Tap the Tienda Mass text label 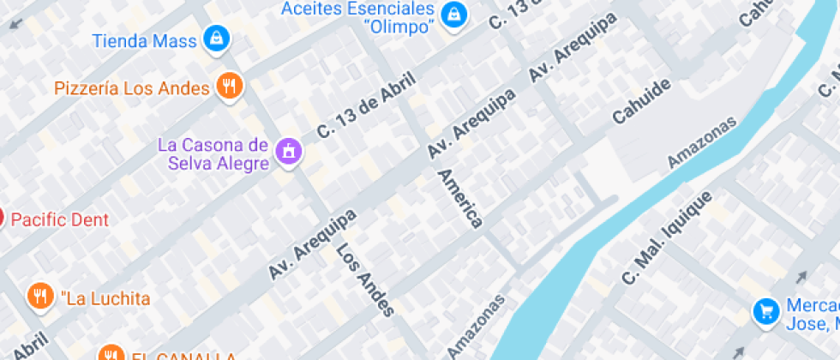click(144, 40)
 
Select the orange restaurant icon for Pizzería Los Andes click(230, 86)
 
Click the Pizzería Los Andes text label click(132, 88)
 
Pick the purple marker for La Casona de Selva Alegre click(288, 152)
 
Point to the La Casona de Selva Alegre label click(213, 153)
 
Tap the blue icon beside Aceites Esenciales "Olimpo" click(453, 13)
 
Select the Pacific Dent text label click(60, 220)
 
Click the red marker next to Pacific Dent click(2, 217)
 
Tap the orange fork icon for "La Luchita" click(39, 297)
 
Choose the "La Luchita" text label click(105, 299)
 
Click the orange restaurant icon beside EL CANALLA click(110, 354)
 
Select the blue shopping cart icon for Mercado click(765, 311)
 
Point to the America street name click(459, 198)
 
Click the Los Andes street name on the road click(366, 280)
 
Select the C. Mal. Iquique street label click(667, 237)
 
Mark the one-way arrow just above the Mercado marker click(801, 278)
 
